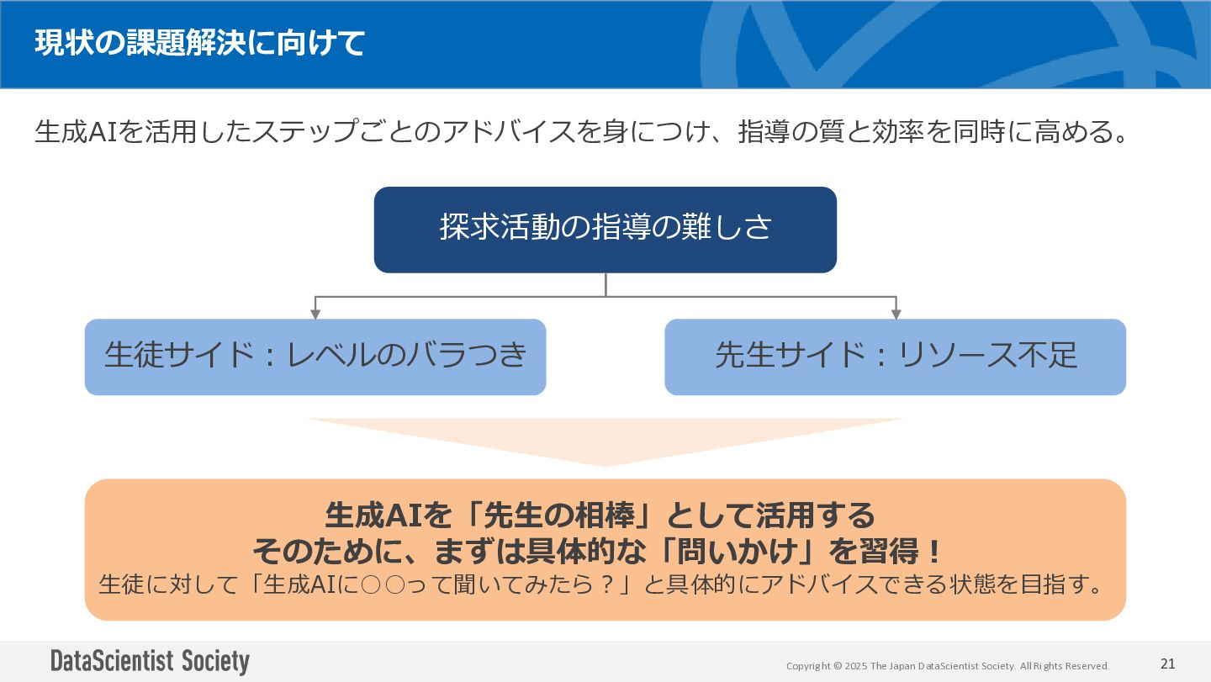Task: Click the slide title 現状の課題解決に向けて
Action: pos(200,43)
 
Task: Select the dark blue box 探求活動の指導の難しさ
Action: pos(605,230)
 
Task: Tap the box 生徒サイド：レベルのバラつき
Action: pos(315,357)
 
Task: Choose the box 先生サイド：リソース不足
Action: pos(895,357)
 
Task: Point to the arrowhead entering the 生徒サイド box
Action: pos(315,314)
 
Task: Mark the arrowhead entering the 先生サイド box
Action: pos(896,314)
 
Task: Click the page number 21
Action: pos(1167,663)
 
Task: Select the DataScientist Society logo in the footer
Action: pos(150,661)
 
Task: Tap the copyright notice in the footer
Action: pos(948,666)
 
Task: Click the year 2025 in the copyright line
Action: pos(856,666)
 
